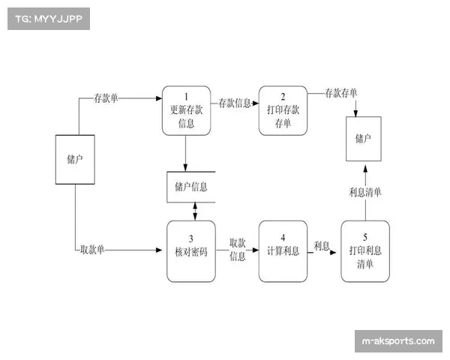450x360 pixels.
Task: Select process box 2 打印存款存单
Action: coord(283,111)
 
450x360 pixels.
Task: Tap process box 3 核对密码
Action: coord(191,251)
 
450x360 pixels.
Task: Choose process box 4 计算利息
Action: coord(283,251)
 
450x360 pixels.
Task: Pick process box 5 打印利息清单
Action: coord(366,251)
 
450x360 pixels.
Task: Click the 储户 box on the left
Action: coord(75,159)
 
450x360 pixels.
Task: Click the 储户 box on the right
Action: coord(363,138)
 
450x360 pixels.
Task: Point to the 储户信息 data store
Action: coord(191,187)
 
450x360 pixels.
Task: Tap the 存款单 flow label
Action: coord(106,97)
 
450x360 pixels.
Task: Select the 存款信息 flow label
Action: coord(234,103)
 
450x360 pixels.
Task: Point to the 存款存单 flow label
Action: coord(340,93)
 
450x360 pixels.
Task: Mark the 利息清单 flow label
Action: coord(365,192)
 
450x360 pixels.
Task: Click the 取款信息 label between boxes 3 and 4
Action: coord(237,250)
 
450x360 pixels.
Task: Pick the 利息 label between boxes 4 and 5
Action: coord(322,245)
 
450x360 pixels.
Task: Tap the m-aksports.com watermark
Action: coord(397,341)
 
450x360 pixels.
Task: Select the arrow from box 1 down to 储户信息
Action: coord(185,153)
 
